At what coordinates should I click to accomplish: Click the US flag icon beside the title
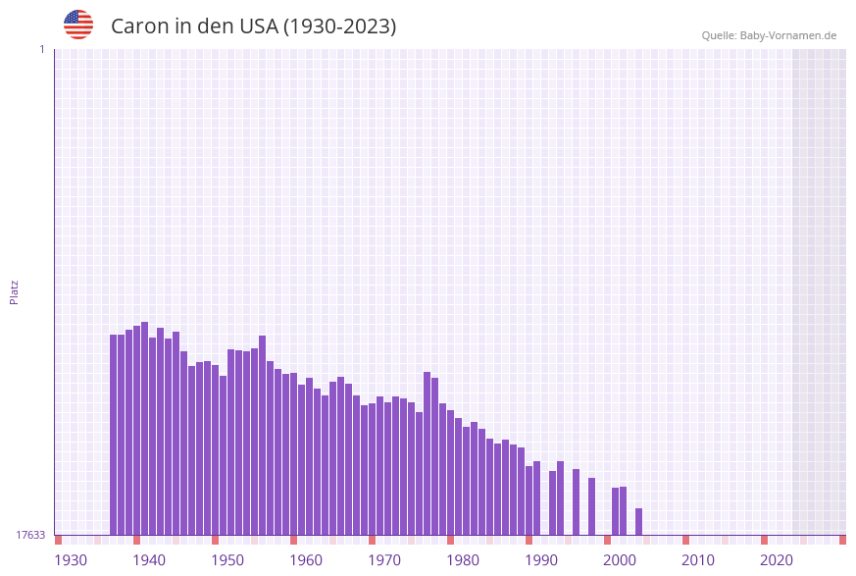[78, 25]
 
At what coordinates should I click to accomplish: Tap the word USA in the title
[258, 26]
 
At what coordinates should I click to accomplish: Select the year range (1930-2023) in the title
[339, 26]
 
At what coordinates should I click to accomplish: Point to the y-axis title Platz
[14, 291]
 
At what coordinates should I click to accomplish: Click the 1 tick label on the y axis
[41, 49]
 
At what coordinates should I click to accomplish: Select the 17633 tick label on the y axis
[30, 535]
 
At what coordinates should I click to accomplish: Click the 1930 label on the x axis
[71, 560]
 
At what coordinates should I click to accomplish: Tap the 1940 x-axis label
[149, 560]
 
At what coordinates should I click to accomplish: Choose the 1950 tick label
[227, 560]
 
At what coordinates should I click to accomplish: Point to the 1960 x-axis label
[306, 560]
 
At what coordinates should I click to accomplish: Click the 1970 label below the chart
[384, 560]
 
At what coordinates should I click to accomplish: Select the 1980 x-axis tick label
[463, 560]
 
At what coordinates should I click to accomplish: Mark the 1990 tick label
[541, 560]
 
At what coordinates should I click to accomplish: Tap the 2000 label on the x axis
[620, 560]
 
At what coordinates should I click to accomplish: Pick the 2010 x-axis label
[698, 560]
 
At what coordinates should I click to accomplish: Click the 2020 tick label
[777, 560]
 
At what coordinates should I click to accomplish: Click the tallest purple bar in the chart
[145, 428]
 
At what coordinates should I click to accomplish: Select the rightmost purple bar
[639, 521]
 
